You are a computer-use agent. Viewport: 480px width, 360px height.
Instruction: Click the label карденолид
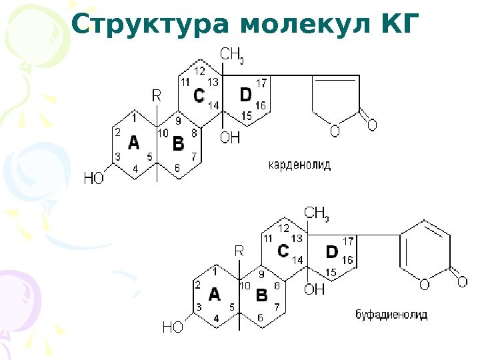pyautogui.click(x=299, y=163)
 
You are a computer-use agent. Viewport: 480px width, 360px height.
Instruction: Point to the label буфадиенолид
pyautogui.click(x=391, y=313)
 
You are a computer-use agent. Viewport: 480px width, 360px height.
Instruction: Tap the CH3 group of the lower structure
pyautogui.click(x=317, y=213)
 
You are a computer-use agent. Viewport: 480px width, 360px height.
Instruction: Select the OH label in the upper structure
pyautogui.click(x=230, y=138)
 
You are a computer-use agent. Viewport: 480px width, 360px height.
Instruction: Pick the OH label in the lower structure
pyautogui.click(x=314, y=289)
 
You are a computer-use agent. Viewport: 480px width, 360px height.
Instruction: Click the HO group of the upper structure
pyautogui.click(x=94, y=178)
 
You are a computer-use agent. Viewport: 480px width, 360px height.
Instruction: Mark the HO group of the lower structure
pyautogui.click(x=173, y=327)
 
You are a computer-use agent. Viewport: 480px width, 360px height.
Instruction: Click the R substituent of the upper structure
pyautogui.click(x=157, y=96)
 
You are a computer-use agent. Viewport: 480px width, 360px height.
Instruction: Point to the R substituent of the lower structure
pyautogui.click(x=240, y=251)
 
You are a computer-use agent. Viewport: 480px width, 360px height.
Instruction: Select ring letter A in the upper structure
pyautogui.click(x=133, y=143)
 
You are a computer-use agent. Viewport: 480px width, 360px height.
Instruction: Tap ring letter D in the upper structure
pyautogui.click(x=246, y=95)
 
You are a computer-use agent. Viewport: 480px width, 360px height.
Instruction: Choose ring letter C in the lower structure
pyautogui.click(x=283, y=251)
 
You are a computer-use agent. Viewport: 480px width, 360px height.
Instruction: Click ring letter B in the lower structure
pyautogui.click(x=262, y=294)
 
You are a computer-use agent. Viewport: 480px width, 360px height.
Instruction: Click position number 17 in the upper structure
pyautogui.click(x=261, y=83)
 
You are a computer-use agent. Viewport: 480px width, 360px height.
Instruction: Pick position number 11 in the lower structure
pyautogui.click(x=268, y=238)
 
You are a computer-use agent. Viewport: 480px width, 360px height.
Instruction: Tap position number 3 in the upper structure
pyautogui.click(x=117, y=157)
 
